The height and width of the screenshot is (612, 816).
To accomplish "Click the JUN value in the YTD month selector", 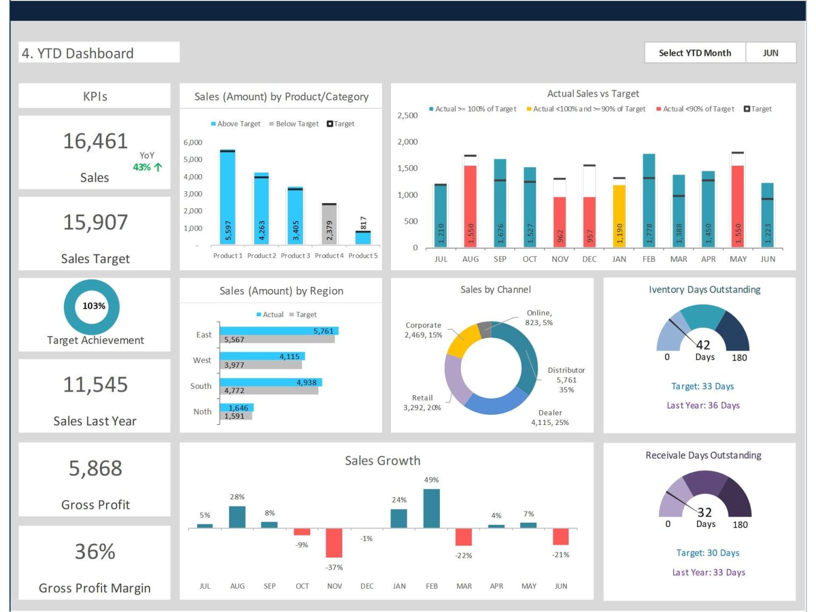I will coord(770,53).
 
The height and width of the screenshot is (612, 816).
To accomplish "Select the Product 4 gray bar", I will coord(329,225).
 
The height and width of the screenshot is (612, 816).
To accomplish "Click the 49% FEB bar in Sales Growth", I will coord(431,508).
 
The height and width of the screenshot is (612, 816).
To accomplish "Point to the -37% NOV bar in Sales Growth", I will coord(334,542).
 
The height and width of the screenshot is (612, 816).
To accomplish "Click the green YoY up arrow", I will coord(158,167).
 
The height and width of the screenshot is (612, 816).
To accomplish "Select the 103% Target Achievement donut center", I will coord(93,306).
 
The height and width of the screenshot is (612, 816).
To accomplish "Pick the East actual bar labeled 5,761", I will coord(278,331).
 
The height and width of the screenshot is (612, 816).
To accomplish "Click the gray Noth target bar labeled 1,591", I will coord(236,416).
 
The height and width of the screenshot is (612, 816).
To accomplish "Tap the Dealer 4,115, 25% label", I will coord(550,418).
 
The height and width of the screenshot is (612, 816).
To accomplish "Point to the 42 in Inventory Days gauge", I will coord(703,345).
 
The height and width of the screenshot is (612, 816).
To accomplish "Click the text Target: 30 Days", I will coord(708,553).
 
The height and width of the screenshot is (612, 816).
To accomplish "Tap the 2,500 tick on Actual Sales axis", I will coord(407,116).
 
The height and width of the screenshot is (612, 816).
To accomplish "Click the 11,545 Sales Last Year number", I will coord(96,385).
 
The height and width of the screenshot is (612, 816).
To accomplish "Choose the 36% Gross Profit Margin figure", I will coord(95,551).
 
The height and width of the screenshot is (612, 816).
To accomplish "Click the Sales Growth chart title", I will coord(382,461).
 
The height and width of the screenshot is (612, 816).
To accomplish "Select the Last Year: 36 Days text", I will coord(703,405).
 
